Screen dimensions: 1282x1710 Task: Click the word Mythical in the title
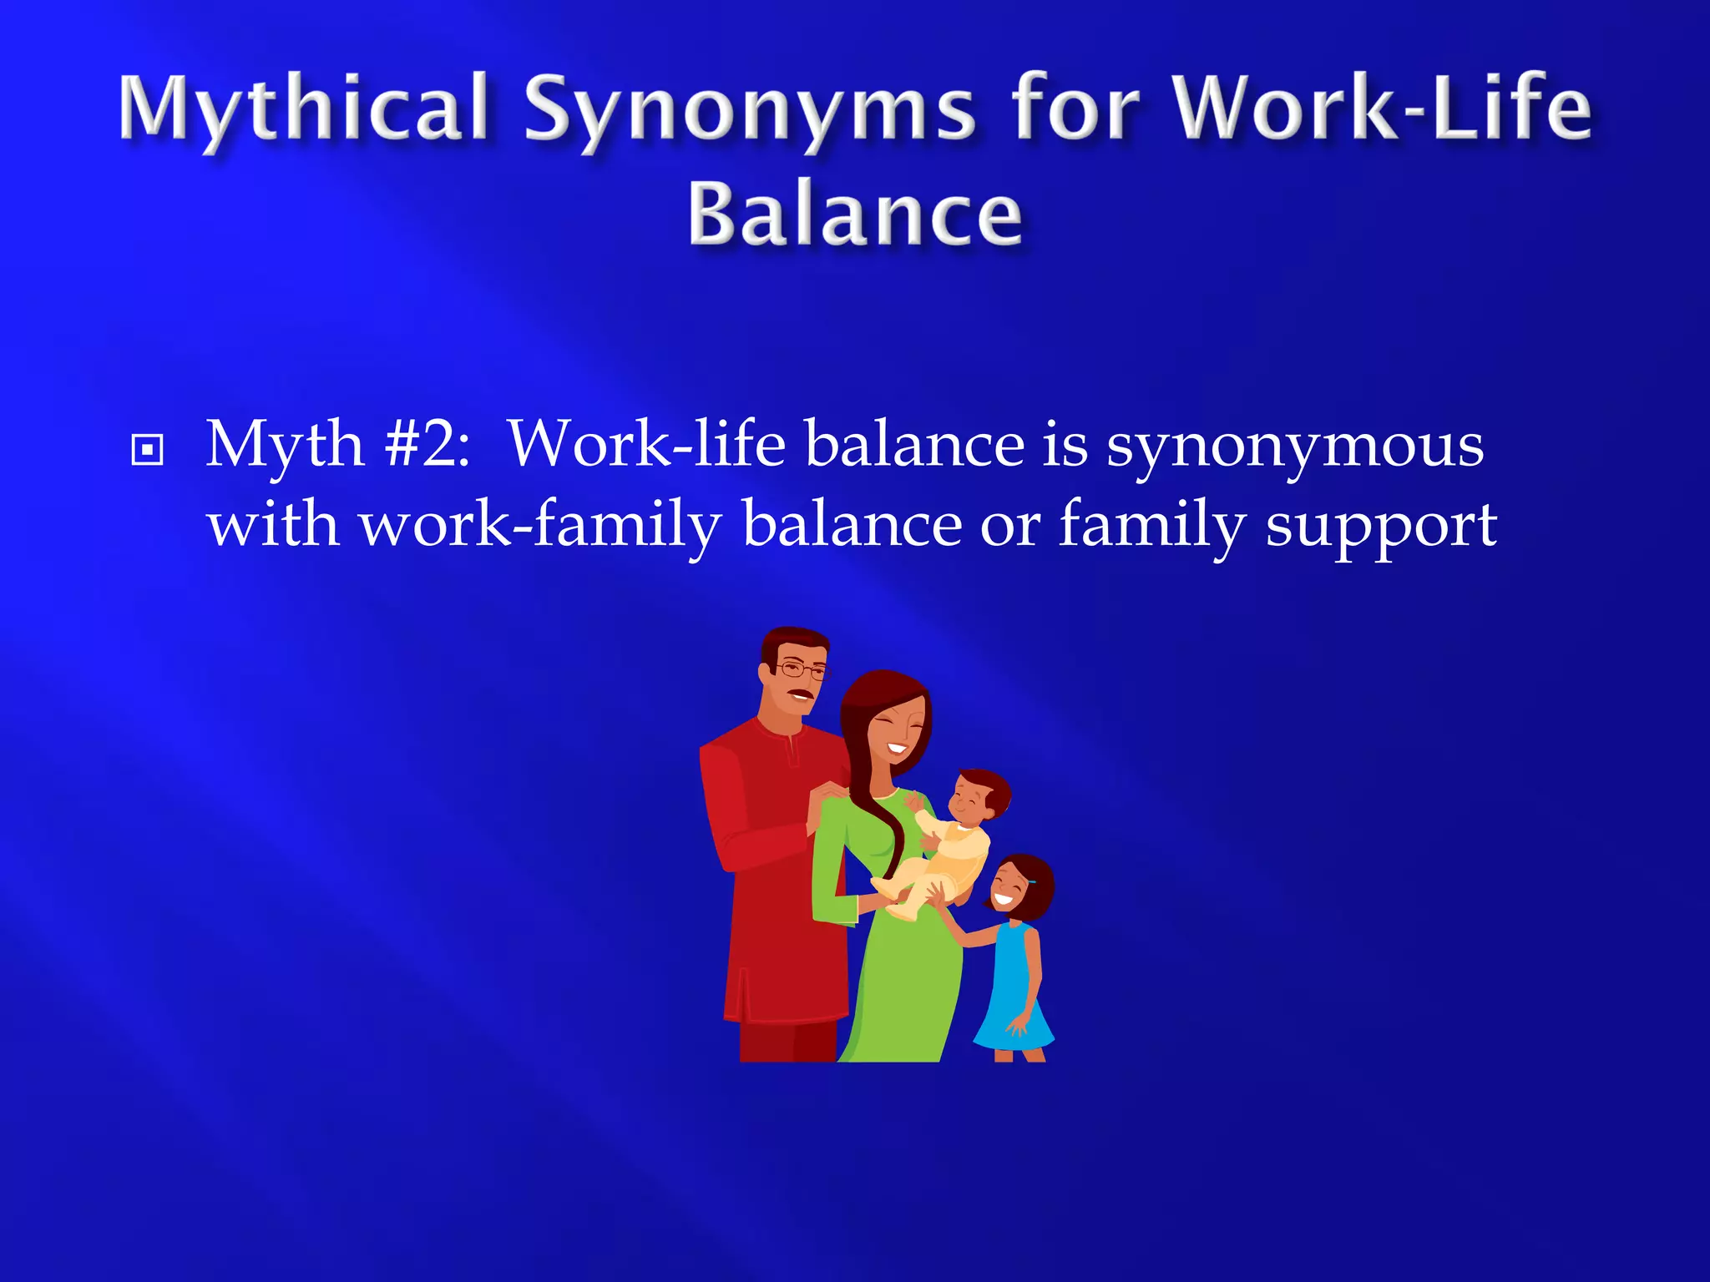pyautogui.click(x=303, y=109)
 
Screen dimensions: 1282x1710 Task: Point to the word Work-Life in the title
pyautogui.click(x=1382, y=109)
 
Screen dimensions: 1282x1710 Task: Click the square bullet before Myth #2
pyautogui.click(x=148, y=451)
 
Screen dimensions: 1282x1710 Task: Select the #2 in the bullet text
pyautogui.click(x=426, y=444)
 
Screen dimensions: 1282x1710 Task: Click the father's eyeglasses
pyautogui.click(x=802, y=669)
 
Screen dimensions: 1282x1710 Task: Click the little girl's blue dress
pyautogui.click(x=1012, y=993)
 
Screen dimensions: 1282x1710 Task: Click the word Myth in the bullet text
pyautogui.click(x=285, y=444)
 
